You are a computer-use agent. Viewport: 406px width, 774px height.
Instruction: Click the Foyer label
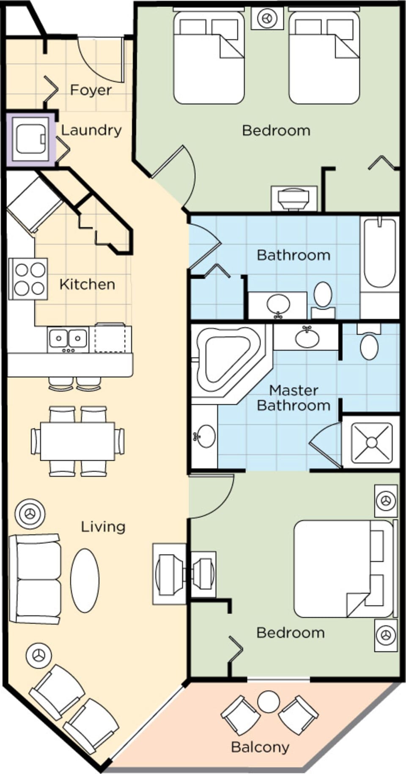[91, 90]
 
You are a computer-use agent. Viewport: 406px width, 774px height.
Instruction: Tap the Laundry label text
[91, 130]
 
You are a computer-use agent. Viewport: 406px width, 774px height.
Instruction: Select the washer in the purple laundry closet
[30, 138]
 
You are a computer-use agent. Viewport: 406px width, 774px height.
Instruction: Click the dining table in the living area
[77, 441]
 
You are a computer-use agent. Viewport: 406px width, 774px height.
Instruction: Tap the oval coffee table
[85, 580]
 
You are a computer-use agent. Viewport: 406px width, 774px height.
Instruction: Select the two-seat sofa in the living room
[35, 579]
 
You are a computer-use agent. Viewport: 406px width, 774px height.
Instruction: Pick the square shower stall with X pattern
[371, 443]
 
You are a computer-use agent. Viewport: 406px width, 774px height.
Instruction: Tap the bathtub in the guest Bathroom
[379, 254]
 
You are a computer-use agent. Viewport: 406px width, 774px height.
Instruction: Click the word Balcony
[260, 747]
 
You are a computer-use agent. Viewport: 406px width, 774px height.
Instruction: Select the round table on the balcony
[269, 702]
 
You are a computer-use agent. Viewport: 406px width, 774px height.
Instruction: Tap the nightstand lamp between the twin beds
[267, 19]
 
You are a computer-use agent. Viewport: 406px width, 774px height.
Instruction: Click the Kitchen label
[87, 284]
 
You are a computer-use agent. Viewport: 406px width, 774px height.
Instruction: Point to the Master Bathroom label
[294, 398]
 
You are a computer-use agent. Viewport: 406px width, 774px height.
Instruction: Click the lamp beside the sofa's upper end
[30, 514]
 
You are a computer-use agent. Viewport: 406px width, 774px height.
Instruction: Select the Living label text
[103, 527]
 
